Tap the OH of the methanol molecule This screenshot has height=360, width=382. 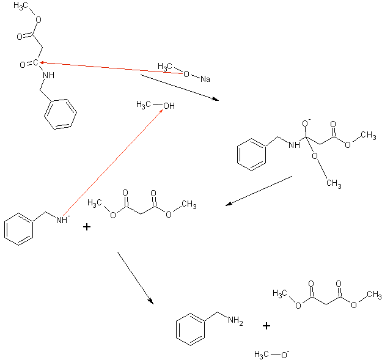pyautogui.click(x=168, y=106)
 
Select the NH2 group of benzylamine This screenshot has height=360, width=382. pyautogui.click(x=235, y=320)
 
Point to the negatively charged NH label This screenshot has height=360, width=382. pyautogui.click(x=62, y=220)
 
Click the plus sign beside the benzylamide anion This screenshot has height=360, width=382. pyautogui.click(x=87, y=227)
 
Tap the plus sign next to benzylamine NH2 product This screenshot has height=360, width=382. pyautogui.click(x=266, y=326)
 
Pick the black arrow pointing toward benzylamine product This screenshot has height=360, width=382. pyautogui.click(x=134, y=277)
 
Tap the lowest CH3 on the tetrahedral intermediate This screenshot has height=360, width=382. pyautogui.click(x=332, y=183)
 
